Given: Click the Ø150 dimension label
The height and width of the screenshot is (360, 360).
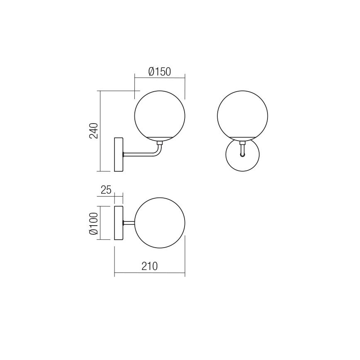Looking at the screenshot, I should [160, 71].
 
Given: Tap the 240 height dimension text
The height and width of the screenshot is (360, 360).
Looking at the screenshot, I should [94, 131].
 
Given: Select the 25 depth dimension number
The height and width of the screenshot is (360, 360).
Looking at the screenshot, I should [106, 190].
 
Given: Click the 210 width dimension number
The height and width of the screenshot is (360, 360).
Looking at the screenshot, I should [149, 266].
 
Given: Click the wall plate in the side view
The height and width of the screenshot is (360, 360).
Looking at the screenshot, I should [119, 154].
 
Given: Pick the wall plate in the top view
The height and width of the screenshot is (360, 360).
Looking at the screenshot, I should [119, 223].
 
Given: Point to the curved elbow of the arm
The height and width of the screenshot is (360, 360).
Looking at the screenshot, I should [158, 153].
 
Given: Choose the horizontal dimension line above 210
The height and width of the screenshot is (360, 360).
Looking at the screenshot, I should [149, 272].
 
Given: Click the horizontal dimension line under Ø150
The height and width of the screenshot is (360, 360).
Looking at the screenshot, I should [160, 77].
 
